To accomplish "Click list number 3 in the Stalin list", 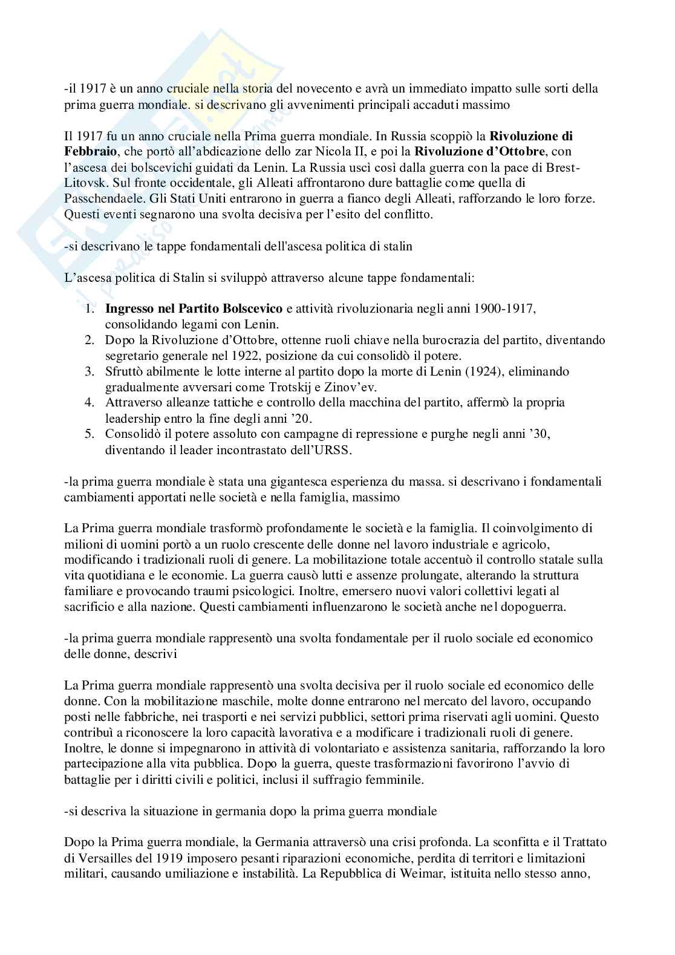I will pyautogui.click(x=90, y=371).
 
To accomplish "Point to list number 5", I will pyautogui.click(x=90, y=434).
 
